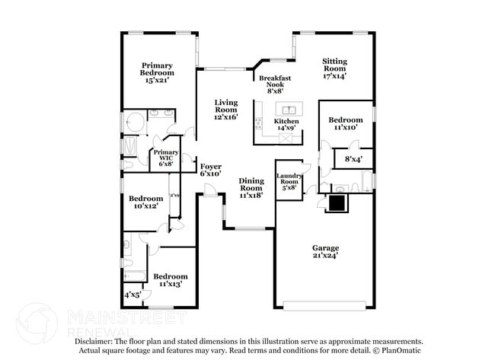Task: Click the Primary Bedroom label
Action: coord(156,72)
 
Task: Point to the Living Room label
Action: coord(225,110)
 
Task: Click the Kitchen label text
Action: coord(286,122)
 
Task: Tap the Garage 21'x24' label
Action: coord(325,252)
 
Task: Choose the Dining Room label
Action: coord(251,187)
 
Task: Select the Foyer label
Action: coord(210,170)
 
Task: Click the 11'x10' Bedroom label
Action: coord(346,124)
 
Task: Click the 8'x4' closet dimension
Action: coord(353,160)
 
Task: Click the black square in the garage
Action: coord(336,202)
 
